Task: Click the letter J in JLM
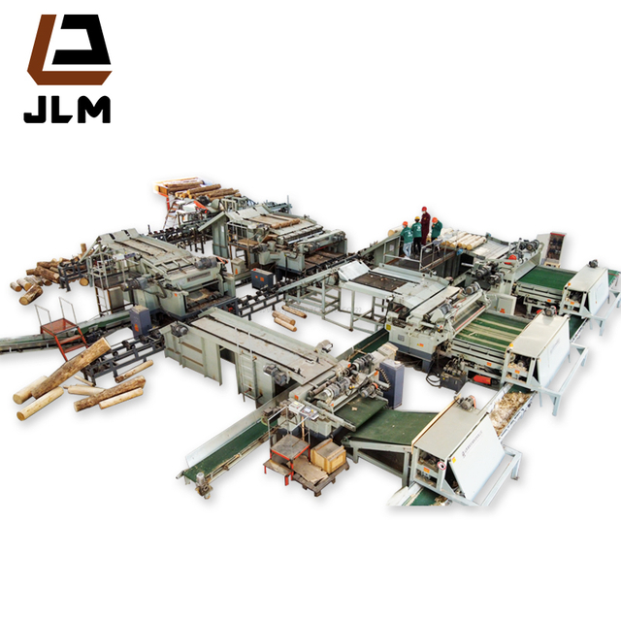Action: click(36, 110)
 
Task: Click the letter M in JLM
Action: click(93, 110)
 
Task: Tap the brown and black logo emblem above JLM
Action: click(69, 49)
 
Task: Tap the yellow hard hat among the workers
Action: click(416, 218)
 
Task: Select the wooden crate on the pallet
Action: click(328, 455)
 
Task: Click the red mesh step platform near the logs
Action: click(58, 324)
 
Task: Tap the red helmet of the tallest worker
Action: click(425, 210)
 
